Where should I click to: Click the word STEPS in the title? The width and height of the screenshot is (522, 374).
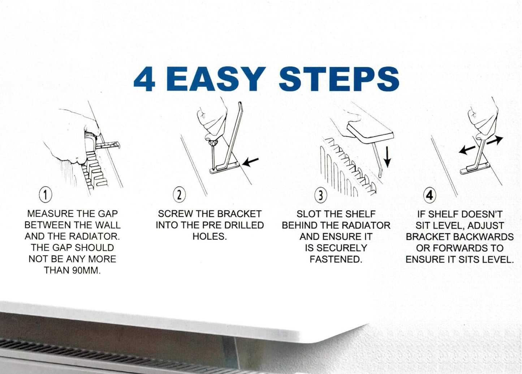coord(339,79)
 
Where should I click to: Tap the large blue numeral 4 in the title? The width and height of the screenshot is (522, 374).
coord(144,79)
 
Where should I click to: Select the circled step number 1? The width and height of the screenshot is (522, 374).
coord(46,195)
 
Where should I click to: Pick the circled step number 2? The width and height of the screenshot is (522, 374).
coord(179,195)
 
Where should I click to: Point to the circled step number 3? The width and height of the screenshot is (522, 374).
coord(320,196)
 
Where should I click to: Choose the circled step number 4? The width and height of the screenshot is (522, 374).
coord(430,196)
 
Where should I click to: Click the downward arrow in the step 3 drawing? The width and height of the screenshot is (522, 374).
coord(387,157)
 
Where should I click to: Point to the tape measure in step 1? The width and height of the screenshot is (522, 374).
coord(108,145)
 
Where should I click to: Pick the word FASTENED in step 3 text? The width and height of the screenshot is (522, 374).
coord(336,259)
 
